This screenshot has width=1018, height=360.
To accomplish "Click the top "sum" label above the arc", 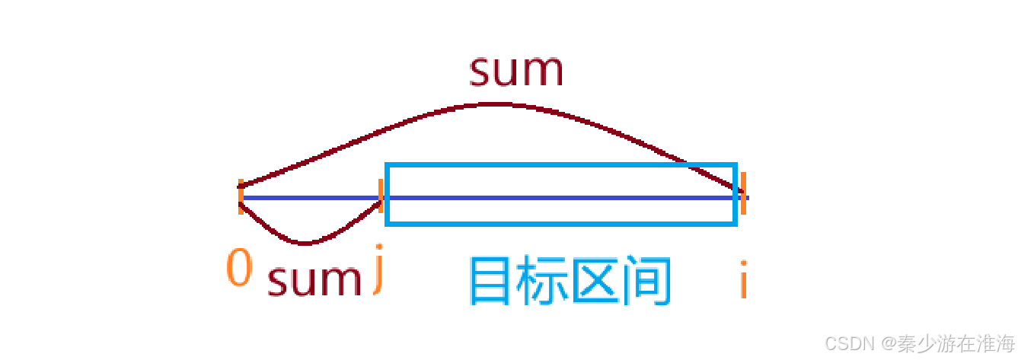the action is click(515, 71).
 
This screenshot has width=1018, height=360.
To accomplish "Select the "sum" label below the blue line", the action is click(314, 280).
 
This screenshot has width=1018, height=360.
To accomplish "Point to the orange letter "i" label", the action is click(743, 279).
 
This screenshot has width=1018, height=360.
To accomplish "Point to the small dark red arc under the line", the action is click(305, 243).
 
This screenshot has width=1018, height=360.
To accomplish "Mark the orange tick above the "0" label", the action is click(241, 197).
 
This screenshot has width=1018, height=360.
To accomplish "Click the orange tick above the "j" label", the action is click(381, 195).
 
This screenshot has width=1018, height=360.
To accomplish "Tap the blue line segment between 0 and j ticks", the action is click(311, 199).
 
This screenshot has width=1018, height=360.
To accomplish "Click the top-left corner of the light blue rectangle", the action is click(388, 165).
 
